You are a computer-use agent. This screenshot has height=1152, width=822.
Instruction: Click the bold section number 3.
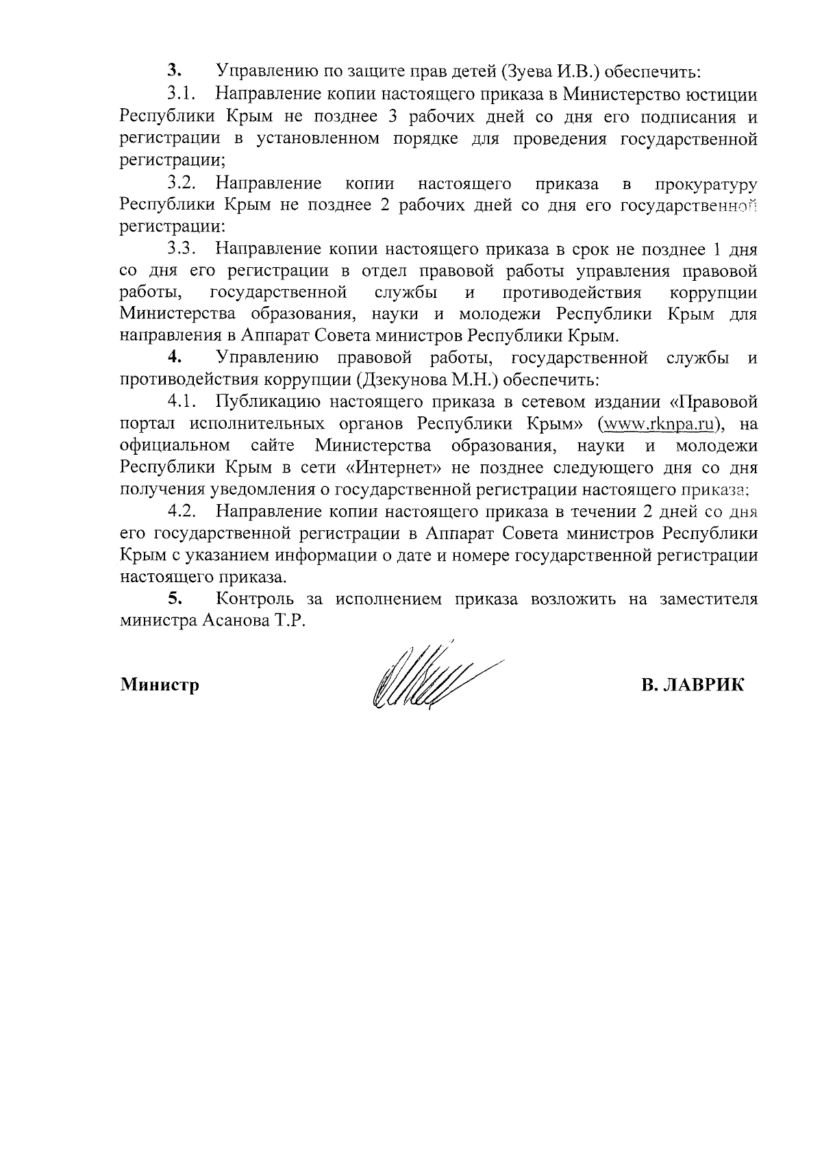coord(175,71)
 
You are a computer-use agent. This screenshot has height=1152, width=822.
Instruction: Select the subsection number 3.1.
coord(183,94)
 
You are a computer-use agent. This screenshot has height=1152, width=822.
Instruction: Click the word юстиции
coord(723,94)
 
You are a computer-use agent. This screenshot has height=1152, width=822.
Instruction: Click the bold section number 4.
coord(175,357)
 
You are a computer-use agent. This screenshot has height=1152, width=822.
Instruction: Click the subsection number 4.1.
coord(183,401)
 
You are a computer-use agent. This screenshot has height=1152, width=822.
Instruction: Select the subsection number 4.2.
coord(183,511)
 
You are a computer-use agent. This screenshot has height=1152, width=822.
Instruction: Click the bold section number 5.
coord(175,599)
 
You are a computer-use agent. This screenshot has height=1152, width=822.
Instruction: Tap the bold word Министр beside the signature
coord(160,684)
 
